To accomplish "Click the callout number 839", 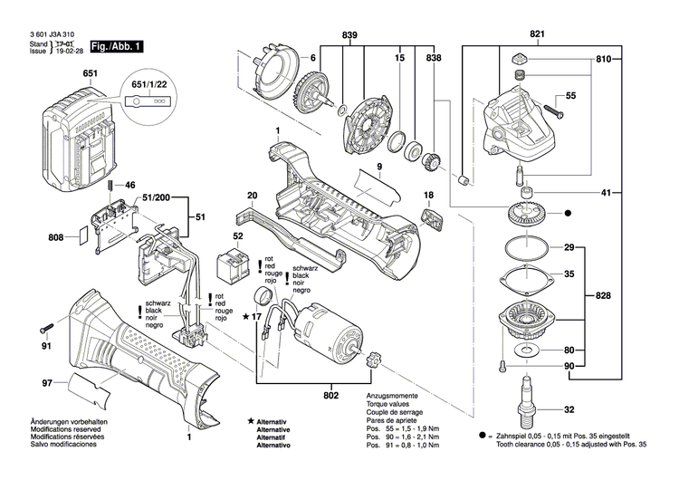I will pos(349,35).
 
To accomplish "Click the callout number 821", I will pos(538,35).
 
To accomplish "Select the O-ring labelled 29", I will pos(524,247).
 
